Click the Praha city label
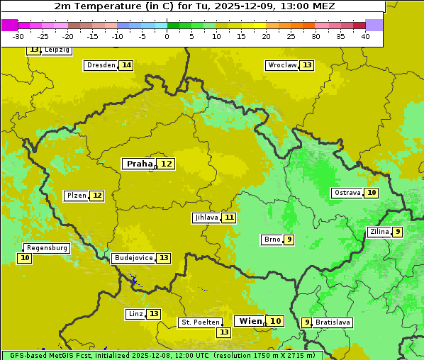pyautogui.click(x=139, y=164)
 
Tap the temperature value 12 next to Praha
pyautogui.click(x=166, y=164)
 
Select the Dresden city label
pyautogui.click(x=101, y=65)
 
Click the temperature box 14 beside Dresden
pyautogui.click(x=126, y=65)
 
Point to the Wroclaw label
pyautogui.click(x=281, y=65)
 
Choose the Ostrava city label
pyautogui.click(x=347, y=193)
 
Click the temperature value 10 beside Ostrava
pyautogui.click(x=372, y=193)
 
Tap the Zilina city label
pyautogui.click(x=379, y=232)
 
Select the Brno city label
pyautogui.click(x=272, y=240)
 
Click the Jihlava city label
pyautogui.click(x=206, y=218)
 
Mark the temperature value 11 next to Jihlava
pyautogui.click(x=228, y=218)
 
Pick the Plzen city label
pyautogui.click(x=76, y=196)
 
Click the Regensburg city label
pyautogui.click(x=47, y=248)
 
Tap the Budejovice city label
pyautogui.click(x=133, y=258)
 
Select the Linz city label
pyautogui.click(x=135, y=314)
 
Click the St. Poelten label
pyautogui.click(x=200, y=322)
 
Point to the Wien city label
pyautogui.click(x=250, y=321)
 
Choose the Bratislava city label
pyautogui.click(x=333, y=322)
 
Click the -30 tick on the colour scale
pyautogui.click(x=18, y=36)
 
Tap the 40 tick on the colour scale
pyautogui.click(x=365, y=36)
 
